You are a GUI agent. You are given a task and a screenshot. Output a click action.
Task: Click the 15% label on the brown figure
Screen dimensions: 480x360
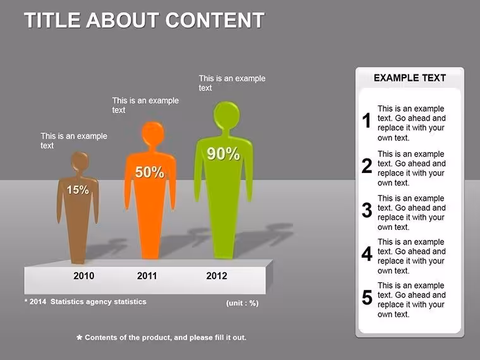click(x=78, y=190)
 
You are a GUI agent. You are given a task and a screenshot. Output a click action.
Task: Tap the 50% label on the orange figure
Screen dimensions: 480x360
click(x=150, y=172)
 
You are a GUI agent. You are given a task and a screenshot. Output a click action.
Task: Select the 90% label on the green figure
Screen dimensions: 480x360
click(x=223, y=153)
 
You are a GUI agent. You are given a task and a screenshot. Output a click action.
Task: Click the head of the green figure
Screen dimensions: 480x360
click(x=227, y=116)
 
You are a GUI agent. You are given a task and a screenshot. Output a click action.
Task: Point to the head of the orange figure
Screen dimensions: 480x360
click(x=153, y=133)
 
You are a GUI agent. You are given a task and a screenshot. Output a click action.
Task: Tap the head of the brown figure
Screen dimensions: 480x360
click(x=80, y=162)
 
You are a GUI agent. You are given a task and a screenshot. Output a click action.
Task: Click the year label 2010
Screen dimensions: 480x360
click(x=84, y=276)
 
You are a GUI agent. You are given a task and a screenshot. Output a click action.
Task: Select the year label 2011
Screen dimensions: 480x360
click(x=147, y=276)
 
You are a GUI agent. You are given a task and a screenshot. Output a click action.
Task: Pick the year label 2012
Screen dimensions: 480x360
click(x=217, y=276)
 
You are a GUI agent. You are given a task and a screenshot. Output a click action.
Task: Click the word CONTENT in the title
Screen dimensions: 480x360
click(x=215, y=20)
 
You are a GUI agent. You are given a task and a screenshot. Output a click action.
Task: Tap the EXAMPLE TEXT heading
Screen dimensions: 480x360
click(x=410, y=78)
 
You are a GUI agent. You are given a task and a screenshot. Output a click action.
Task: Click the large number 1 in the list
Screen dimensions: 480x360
click(x=367, y=120)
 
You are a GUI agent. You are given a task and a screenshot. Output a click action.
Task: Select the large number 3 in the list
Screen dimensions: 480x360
click(x=367, y=210)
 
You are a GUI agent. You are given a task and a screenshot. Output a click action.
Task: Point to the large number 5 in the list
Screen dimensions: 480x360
click(x=367, y=297)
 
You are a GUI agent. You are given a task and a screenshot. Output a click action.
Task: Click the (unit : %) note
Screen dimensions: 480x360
click(x=242, y=303)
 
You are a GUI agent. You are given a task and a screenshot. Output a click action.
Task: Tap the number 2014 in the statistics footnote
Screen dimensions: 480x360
click(x=38, y=301)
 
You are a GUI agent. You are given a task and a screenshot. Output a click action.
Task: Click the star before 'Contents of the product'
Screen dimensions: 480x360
click(x=80, y=337)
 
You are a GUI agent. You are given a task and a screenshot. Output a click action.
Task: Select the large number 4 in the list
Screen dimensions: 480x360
click(x=367, y=254)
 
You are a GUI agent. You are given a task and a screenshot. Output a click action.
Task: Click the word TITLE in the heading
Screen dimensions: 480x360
click(x=52, y=20)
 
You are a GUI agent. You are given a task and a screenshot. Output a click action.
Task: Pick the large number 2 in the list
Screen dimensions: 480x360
click(x=367, y=165)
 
